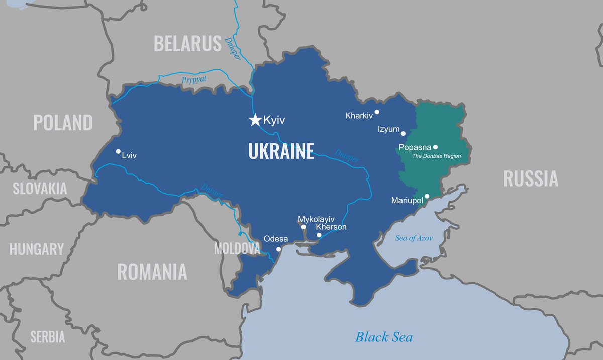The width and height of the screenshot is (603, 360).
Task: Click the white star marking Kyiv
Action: (x=255, y=120)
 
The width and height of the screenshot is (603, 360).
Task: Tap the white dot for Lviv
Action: (x=118, y=151)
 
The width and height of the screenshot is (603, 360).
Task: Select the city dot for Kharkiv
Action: (x=377, y=112)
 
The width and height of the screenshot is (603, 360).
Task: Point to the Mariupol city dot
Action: (x=427, y=196)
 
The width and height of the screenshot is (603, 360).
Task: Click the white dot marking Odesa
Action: (x=279, y=249)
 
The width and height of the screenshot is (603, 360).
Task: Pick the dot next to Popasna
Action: (x=435, y=147)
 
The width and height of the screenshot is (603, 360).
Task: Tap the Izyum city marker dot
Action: (x=403, y=133)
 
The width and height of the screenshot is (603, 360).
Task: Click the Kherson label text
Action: (x=331, y=227)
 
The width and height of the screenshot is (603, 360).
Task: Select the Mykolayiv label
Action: (x=316, y=219)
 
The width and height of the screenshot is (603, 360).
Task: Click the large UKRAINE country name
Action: (x=281, y=151)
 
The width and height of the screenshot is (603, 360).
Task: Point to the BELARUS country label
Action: (x=187, y=44)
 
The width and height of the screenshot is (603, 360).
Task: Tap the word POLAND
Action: (x=63, y=123)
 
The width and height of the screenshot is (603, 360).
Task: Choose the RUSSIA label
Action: (x=530, y=178)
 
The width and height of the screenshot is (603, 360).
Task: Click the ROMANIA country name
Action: (x=152, y=272)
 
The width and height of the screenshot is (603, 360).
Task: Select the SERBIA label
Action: (x=48, y=337)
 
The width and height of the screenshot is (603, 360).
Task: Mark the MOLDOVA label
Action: (x=237, y=248)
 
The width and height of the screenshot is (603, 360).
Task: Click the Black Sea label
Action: (x=384, y=337)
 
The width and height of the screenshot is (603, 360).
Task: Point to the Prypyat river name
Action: (x=194, y=79)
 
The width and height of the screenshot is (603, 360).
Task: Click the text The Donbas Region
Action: (x=436, y=156)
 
